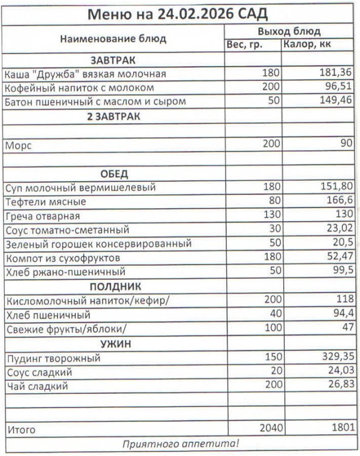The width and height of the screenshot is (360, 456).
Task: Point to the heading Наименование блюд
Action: pyautogui.click(x=113, y=39)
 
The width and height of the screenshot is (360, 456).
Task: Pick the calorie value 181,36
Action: pyautogui.click(x=336, y=74)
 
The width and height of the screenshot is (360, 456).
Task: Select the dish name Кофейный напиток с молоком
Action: pyautogui.click(x=79, y=88)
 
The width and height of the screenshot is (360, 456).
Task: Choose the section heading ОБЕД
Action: pyautogui.click(x=113, y=174)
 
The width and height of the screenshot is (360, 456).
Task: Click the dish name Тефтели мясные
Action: pyautogui.click(x=45, y=202)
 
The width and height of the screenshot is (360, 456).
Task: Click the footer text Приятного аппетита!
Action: pyautogui.click(x=181, y=443)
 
